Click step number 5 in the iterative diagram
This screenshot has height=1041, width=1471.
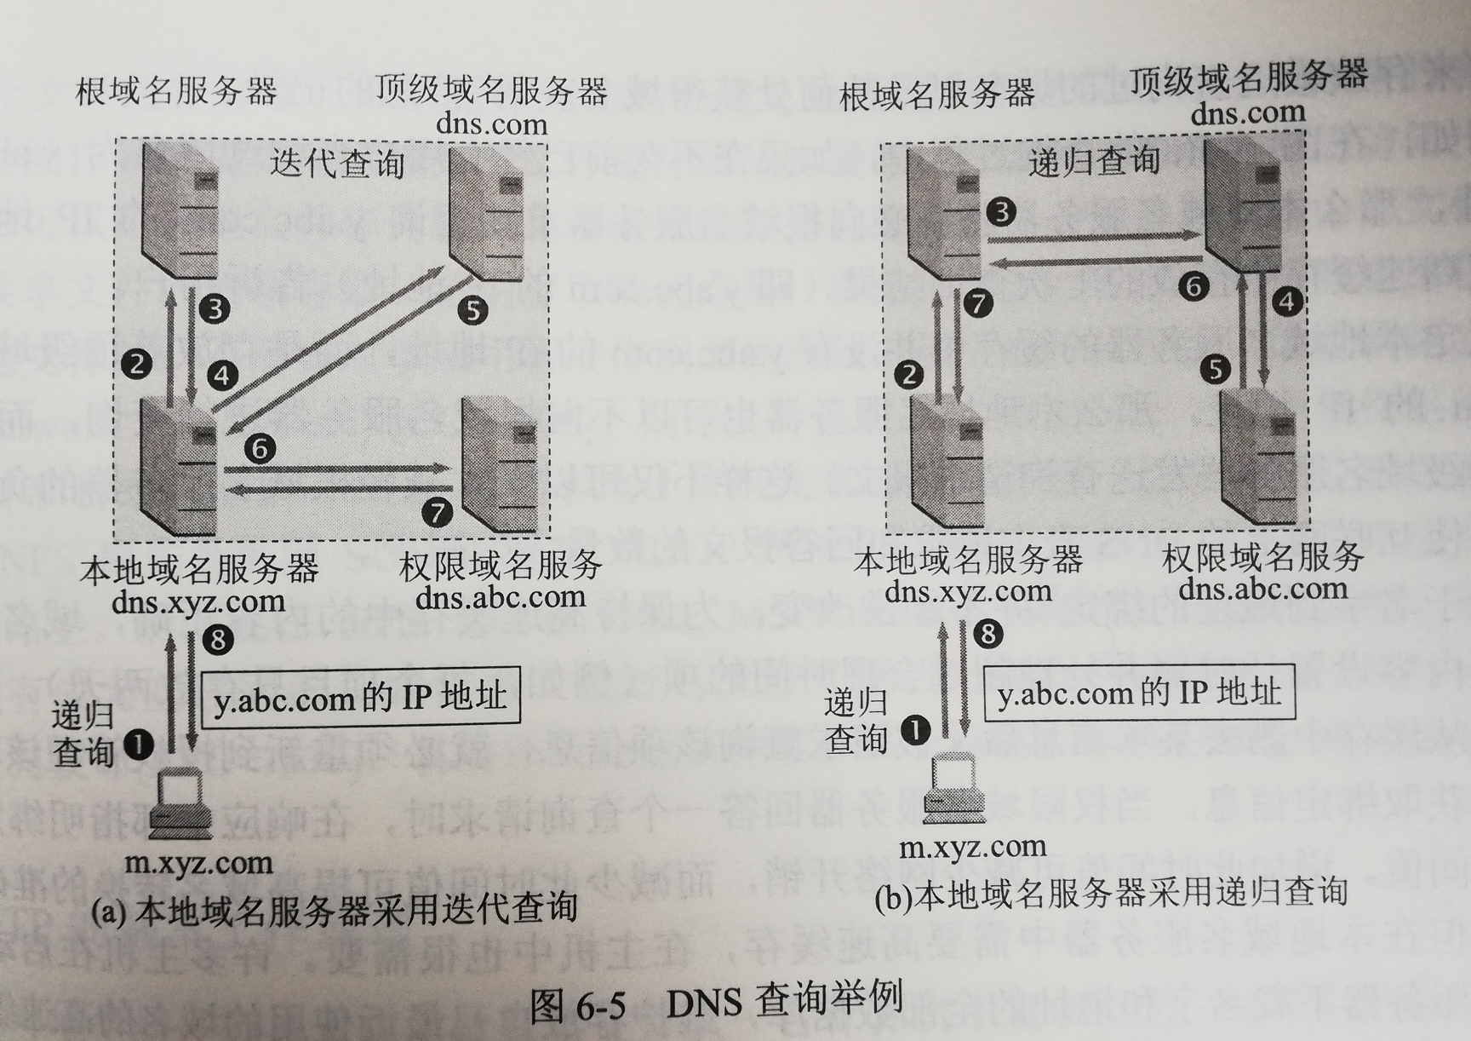tap(473, 311)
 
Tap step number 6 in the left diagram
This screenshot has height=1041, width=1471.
tap(260, 448)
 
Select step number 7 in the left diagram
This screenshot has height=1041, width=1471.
tap(438, 512)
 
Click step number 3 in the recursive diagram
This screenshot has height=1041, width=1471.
tap(1002, 211)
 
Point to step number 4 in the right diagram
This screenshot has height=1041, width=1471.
tap(1287, 302)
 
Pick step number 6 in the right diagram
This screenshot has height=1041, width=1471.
tap(1193, 286)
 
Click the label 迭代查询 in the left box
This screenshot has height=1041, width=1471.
tap(337, 163)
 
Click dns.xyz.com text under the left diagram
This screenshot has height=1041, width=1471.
tap(197, 601)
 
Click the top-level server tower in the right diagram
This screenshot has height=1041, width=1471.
tap(1245, 204)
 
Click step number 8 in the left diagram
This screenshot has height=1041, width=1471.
tap(218, 639)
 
